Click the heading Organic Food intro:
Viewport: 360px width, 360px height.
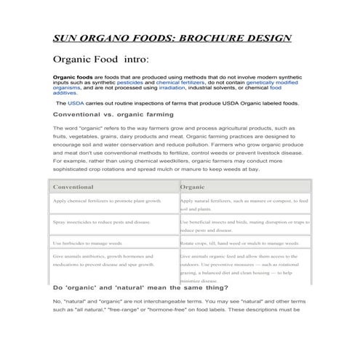[101, 59]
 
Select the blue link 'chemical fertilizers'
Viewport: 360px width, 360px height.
[177, 83]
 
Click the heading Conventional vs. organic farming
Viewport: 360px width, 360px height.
[113, 114]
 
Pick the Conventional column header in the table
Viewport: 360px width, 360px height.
[73, 187]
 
